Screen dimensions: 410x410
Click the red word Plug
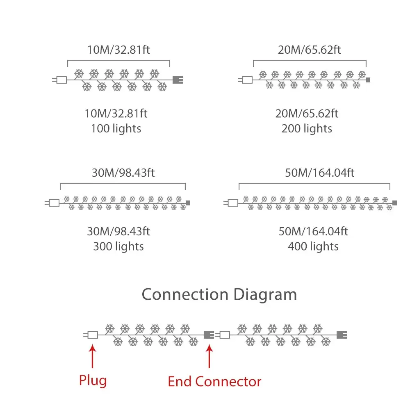pos(93,380)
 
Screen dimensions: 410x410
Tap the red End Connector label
pos(214,382)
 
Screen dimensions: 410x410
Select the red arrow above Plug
pos(93,357)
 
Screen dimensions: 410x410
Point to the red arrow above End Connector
pos(210,357)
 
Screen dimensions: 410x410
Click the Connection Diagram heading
pos(219,295)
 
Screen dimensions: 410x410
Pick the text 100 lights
pos(116,129)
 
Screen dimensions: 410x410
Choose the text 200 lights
pos(307,129)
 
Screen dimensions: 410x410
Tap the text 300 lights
pos(118,246)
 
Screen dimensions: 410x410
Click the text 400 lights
pos(313,246)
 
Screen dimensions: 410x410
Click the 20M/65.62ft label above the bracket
pos(309,50)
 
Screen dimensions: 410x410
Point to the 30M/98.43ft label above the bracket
pos(123,173)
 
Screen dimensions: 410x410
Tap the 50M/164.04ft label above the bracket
pos(320,173)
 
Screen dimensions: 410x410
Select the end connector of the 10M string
pos(178,80)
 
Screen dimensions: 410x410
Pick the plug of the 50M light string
pos(232,203)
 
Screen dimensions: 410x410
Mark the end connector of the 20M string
pos(368,80)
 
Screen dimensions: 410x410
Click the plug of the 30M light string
pos(53,203)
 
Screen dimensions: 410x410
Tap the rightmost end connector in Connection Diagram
pos(341,335)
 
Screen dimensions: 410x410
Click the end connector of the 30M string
pos(188,203)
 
